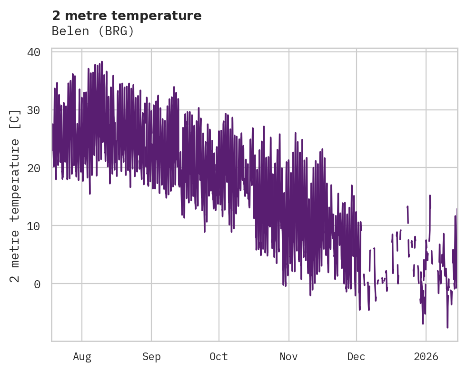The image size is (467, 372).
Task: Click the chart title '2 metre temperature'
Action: point(127,16)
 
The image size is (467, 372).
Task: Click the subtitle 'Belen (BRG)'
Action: point(93,31)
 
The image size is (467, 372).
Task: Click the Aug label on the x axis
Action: point(82,357)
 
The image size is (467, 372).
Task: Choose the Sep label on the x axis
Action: point(151,357)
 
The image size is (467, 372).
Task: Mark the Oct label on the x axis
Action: point(219,357)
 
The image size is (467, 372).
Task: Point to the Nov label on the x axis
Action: point(288,357)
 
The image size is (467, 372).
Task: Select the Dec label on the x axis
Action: point(356,357)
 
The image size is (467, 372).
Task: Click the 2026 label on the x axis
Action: point(426,357)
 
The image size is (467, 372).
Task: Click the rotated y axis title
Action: point(16,196)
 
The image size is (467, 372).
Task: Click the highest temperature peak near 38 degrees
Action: point(102,62)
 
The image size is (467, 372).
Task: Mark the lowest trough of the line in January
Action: point(447,327)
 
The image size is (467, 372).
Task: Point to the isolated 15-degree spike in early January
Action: point(430,196)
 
